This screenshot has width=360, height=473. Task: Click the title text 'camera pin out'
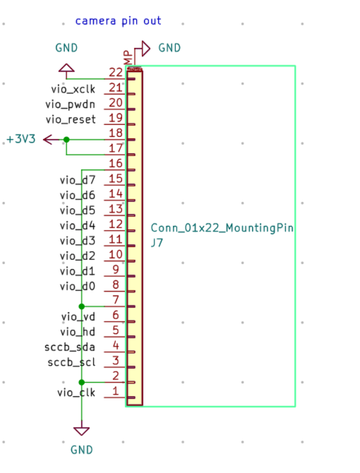click(x=118, y=21)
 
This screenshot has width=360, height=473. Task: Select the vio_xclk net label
click(x=73, y=89)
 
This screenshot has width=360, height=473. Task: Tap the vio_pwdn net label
click(x=70, y=105)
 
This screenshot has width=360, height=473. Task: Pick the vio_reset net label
click(x=71, y=119)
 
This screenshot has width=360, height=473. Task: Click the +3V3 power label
click(x=21, y=139)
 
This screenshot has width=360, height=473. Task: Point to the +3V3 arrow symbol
click(x=51, y=140)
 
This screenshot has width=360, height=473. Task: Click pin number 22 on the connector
click(x=116, y=72)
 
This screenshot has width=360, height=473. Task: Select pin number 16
click(x=116, y=163)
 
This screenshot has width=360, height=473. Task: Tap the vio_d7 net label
click(x=77, y=180)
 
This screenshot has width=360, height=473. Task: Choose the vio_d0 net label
click(x=77, y=287)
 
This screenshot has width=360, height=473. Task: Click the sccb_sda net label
click(x=70, y=347)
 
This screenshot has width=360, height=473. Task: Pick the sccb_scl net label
click(x=72, y=362)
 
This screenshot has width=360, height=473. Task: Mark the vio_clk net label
click(x=76, y=392)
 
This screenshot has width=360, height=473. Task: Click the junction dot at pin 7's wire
click(x=81, y=306)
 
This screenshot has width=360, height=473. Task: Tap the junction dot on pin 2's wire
click(x=81, y=382)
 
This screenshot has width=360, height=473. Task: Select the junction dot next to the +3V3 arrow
click(x=66, y=140)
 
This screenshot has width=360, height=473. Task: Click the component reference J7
click(x=157, y=243)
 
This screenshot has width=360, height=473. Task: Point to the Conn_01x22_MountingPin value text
click(x=222, y=228)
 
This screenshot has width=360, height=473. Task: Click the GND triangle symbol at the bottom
click(x=81, y=431)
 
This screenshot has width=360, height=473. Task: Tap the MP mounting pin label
click(x=128, y=57)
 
